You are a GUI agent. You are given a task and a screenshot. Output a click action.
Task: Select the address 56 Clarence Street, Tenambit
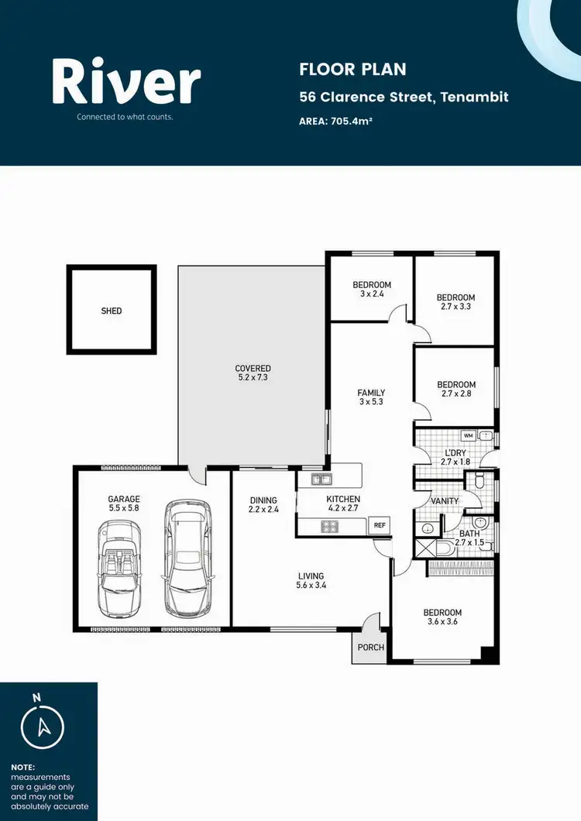404,98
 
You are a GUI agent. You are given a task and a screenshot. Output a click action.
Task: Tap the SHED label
112,311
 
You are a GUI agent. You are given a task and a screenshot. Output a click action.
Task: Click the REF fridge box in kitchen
380,525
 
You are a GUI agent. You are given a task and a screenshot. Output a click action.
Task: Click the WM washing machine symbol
467,435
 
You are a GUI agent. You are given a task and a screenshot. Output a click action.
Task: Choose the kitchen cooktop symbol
329,527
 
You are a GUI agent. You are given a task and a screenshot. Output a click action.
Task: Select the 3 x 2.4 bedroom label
372,290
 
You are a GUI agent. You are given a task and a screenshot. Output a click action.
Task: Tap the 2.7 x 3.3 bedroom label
456,302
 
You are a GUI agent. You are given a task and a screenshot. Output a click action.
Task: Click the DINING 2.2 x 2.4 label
263,504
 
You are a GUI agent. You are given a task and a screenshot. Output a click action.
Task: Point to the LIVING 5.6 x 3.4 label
310,581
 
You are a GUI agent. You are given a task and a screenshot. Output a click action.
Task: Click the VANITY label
445,501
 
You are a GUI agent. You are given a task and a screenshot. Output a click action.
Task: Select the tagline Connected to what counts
124,117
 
